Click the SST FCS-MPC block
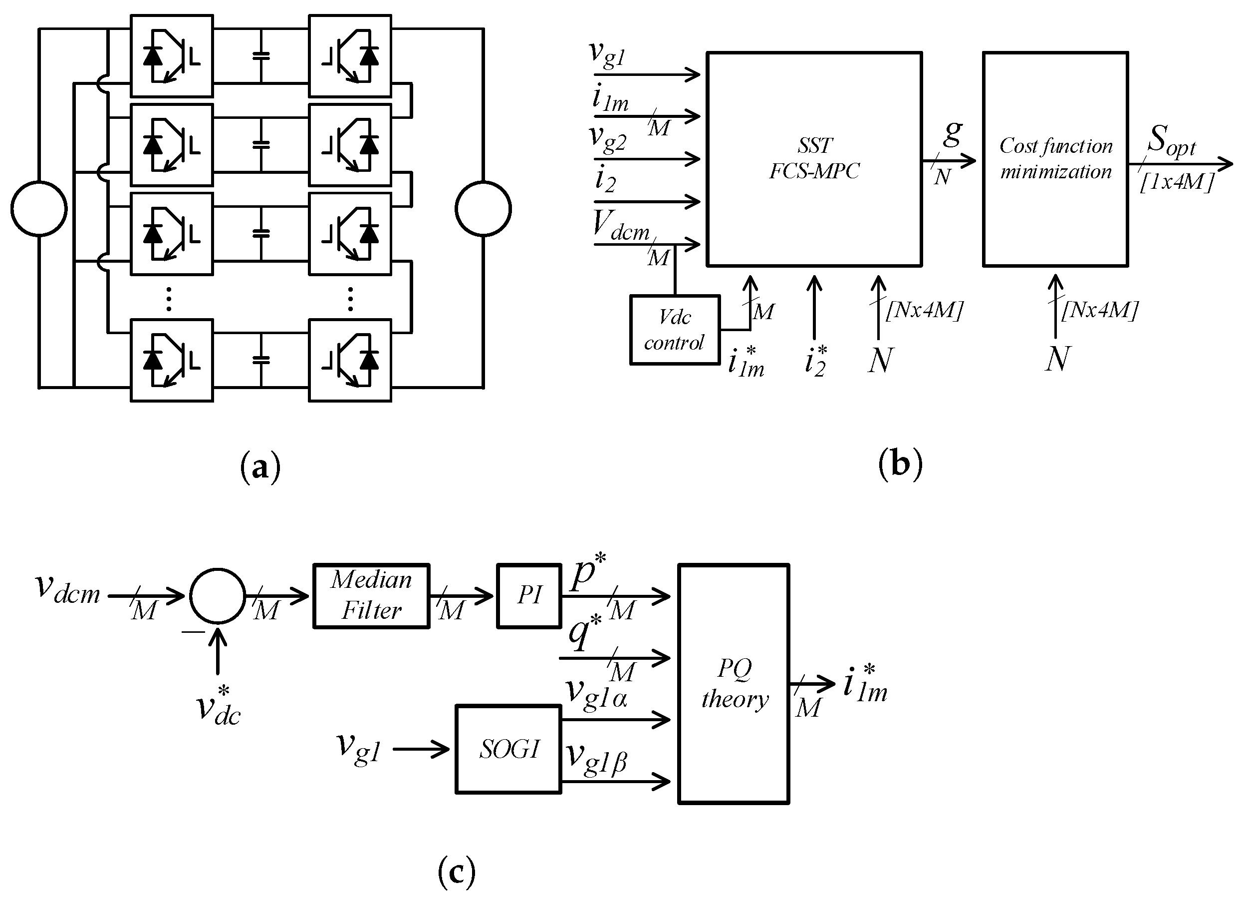[x=814, y=159]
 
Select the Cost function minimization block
[x=1055, y=159]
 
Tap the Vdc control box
[x=675, y=330]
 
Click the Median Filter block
[x=371, y=596]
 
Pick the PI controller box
[x=528, y=596]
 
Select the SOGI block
[x=508, y=749]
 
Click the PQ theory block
[x=734, y=684]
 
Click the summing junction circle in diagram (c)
[x=218, y=596]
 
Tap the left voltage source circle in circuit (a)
[x=39, y=209]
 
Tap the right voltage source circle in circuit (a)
[x=483, y=209]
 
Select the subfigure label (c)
[x=456, y=872]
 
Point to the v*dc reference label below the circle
[x=219, y=709]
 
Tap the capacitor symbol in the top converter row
[x=261, y=55]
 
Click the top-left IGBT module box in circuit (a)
[x=172, y=55]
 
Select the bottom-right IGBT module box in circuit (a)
[x=350, y=360]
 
